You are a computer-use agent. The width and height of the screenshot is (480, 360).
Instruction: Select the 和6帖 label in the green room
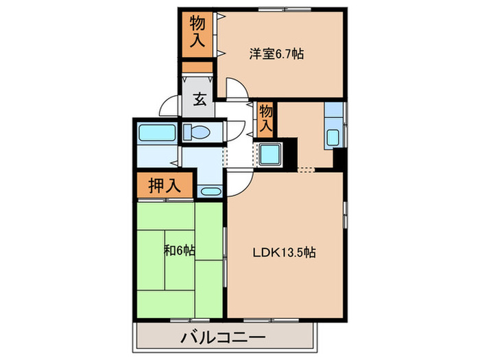pyautogui.click(x=180, y=252)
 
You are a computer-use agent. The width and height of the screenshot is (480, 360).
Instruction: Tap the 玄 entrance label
pyautogui.click(x=199, y=99)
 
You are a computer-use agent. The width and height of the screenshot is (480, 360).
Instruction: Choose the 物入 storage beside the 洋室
pyautogui.click(x=197, y=33)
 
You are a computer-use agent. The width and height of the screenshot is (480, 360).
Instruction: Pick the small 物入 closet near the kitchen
pyautogui.click(x=266, y=118)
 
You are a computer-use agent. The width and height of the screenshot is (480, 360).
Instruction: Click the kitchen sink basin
pyautogui.click(x=333, y=136)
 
